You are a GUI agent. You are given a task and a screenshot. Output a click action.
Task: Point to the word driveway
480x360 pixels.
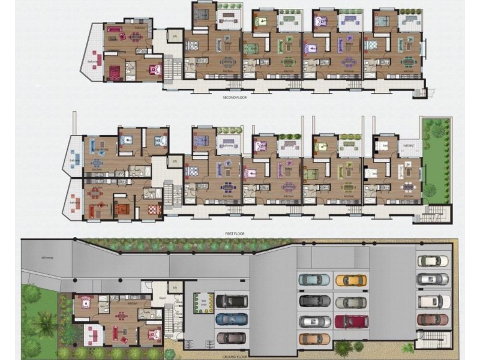(48, 257)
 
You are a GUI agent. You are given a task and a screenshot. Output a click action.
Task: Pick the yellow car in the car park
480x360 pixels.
(350, 280)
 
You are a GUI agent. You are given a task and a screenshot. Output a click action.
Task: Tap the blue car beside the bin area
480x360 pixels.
(230, 319)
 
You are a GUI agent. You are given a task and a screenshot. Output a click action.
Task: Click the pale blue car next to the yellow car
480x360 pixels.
(314, 280)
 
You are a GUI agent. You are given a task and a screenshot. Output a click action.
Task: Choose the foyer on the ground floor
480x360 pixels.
(162, 296)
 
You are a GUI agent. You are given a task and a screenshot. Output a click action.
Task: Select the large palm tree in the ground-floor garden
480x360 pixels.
(45, 324)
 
